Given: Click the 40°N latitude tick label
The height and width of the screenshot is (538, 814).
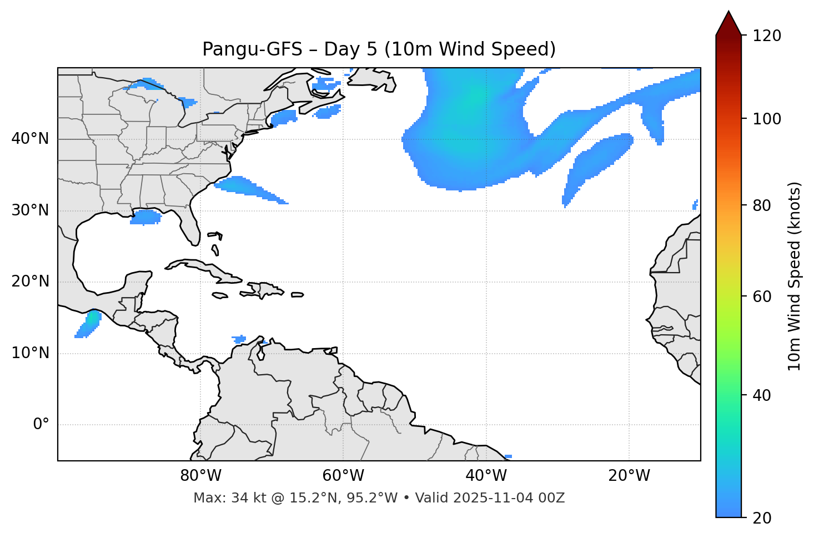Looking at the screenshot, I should (30, 139).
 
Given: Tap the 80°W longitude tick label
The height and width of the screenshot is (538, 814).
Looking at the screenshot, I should (200, 476).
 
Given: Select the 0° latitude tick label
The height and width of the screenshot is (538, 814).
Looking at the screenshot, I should (41, 425).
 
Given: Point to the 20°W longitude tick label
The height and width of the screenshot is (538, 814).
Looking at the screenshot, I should (629, 476).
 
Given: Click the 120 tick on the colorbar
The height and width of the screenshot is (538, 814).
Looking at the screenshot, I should (767, 36).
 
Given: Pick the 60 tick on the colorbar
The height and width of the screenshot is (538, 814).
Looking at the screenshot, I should (766, 296).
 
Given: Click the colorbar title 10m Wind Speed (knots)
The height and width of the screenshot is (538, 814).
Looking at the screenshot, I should (795, 276).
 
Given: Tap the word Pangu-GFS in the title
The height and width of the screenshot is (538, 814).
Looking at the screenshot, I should (252, 49).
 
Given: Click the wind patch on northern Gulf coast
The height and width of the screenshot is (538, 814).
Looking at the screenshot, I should (145, 217).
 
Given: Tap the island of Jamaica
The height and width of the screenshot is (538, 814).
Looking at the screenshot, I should (220, 296).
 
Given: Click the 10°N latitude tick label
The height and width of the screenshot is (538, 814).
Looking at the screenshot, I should (30, 353).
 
